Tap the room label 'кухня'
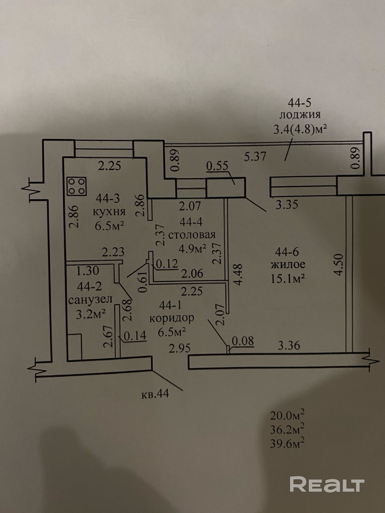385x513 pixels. point(109,212)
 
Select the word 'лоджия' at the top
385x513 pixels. point(300,115)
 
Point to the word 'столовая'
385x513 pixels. point(191,235)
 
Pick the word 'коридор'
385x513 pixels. point(172,318)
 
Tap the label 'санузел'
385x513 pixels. point(91,299)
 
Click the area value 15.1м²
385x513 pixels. point(288,278)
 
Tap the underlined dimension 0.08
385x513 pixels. point(243,341)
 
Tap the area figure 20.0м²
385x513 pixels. point(287,415)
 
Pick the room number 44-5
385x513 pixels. point(299,103)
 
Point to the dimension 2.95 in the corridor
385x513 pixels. point(180,348)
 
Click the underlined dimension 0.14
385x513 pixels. point(135,335)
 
